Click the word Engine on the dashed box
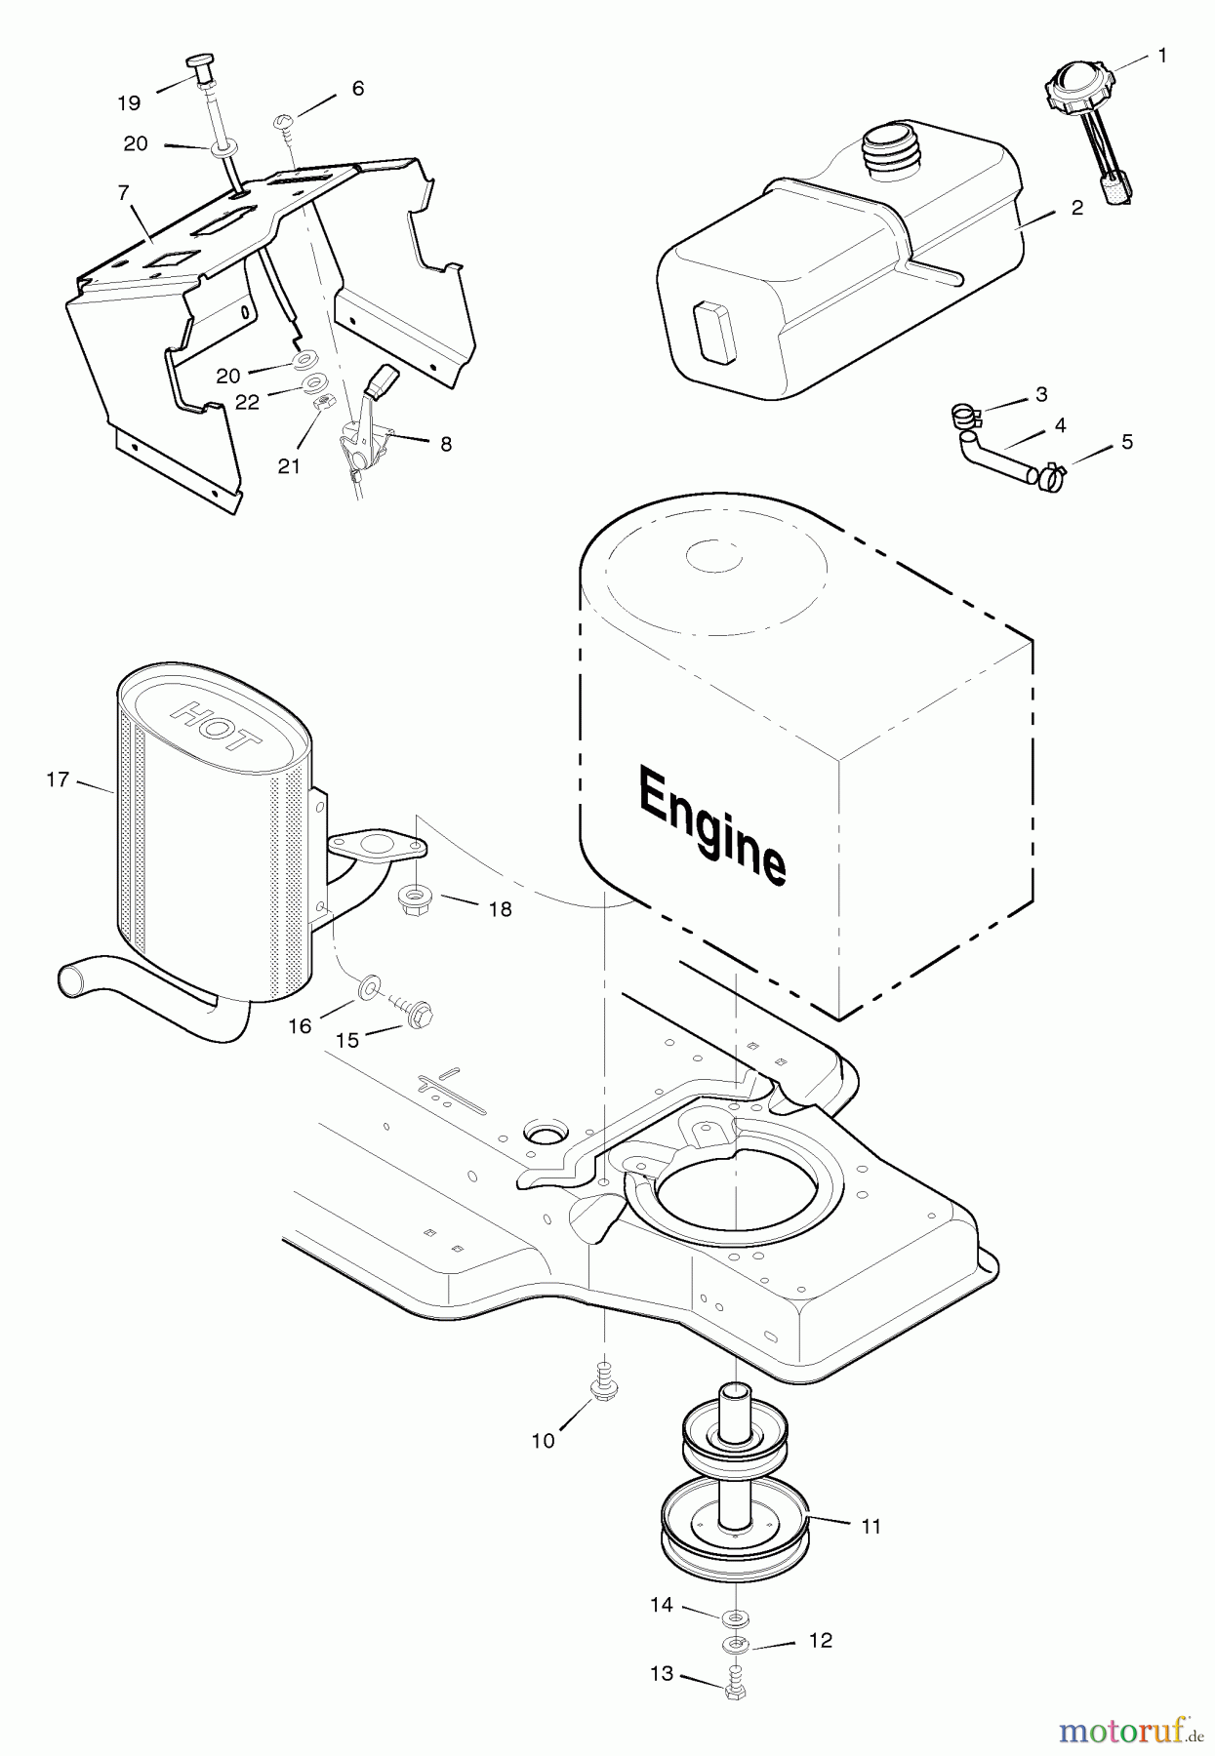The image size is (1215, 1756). click(711, 824)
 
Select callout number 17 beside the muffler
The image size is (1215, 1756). click(58, 779)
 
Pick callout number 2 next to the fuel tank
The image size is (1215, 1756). click(1076, 208)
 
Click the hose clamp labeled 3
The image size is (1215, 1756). click(964, 417)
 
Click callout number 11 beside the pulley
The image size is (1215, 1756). click(871, 1526)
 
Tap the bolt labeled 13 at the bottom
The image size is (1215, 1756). click(734, 1686)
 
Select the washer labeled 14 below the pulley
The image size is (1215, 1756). click(736, 1618)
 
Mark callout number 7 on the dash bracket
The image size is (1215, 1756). click(123, 193)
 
